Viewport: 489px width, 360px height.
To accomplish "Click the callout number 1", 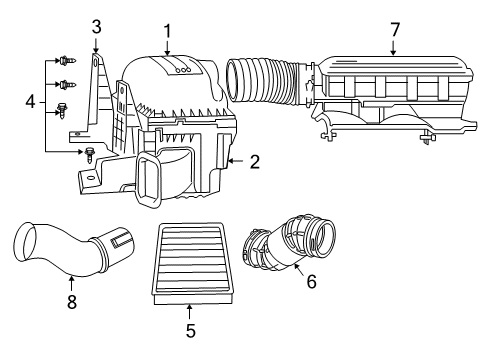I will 167,31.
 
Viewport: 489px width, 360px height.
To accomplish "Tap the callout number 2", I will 254,160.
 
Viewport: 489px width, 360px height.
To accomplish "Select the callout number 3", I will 96,26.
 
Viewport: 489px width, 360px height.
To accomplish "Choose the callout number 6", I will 311,283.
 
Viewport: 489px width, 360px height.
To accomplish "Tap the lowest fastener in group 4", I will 87,154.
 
